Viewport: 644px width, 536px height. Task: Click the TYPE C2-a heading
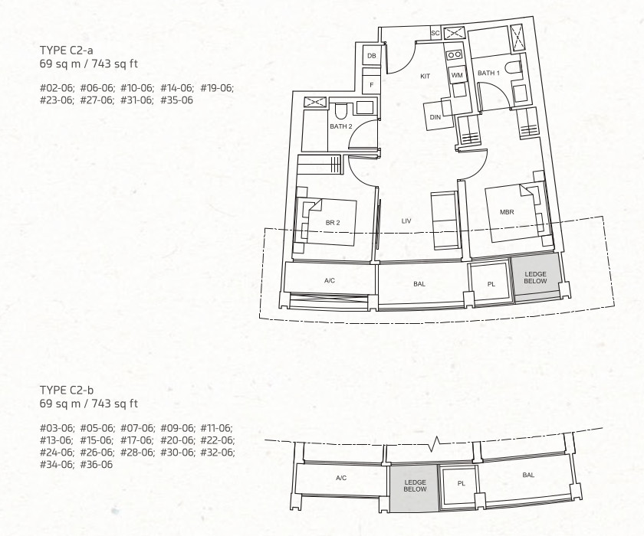66,50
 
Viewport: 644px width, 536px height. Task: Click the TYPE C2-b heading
66,390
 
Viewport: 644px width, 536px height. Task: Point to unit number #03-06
57,428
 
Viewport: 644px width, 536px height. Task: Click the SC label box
435,33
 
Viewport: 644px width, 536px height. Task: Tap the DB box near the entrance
372,56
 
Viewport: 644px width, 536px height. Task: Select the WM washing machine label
457,75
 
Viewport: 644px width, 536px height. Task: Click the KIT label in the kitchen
425,76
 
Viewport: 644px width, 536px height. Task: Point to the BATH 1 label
488,73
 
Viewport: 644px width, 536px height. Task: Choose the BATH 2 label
341,126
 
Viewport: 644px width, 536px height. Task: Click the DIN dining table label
435,117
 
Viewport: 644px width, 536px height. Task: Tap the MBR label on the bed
507,212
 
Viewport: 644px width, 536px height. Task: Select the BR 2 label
333,223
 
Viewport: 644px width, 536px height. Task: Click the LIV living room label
406,221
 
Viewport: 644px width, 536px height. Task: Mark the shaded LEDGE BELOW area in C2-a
535,278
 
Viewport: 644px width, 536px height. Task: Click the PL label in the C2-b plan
462,483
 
